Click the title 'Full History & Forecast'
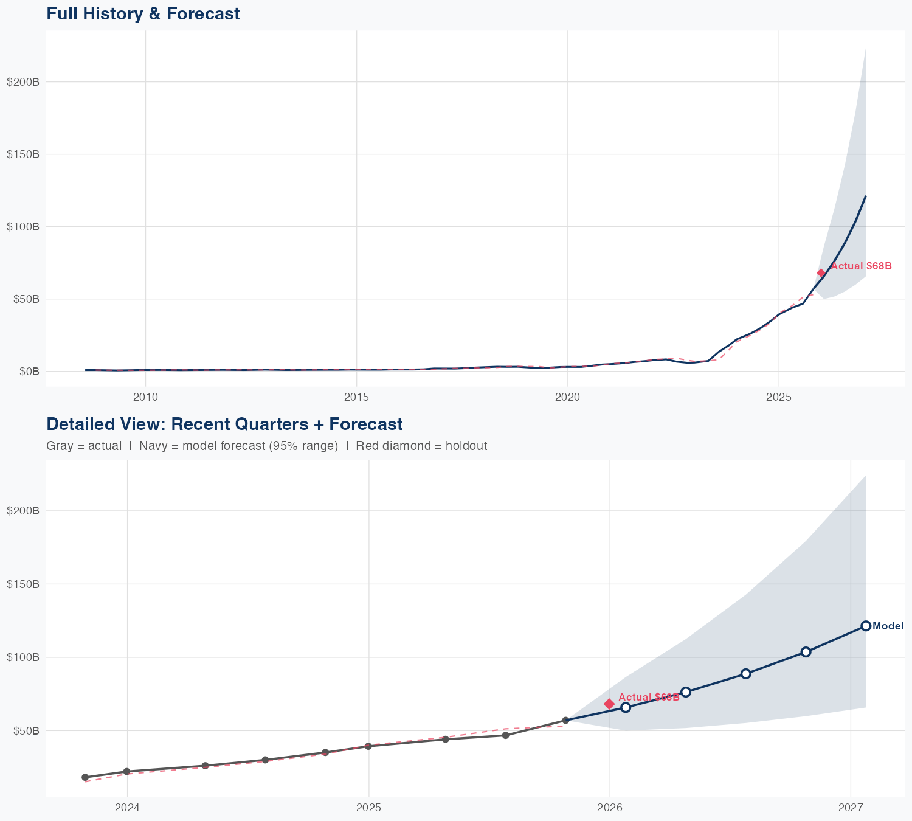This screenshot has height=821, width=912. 143,13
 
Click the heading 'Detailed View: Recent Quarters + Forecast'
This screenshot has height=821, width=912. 224,424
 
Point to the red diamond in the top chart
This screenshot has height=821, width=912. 821,273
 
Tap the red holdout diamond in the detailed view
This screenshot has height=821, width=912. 609,704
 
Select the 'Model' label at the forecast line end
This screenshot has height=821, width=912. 888,626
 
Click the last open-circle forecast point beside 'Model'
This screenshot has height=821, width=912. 866,626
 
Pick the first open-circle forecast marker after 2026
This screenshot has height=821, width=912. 626,707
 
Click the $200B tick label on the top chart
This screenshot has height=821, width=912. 23,82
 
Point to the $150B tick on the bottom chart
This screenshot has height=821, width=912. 23,584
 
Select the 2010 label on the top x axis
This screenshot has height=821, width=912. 145,397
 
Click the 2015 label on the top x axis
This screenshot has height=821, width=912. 356,397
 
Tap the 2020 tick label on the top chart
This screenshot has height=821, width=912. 567,397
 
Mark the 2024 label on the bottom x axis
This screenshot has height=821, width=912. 127,808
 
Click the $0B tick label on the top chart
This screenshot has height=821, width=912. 27,372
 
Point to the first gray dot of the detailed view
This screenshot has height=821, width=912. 85,777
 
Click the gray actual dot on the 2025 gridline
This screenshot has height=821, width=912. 368,746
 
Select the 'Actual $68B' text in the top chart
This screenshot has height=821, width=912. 861,266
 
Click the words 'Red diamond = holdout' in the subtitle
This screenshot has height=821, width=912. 421,446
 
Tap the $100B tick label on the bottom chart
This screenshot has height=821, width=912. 23,657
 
